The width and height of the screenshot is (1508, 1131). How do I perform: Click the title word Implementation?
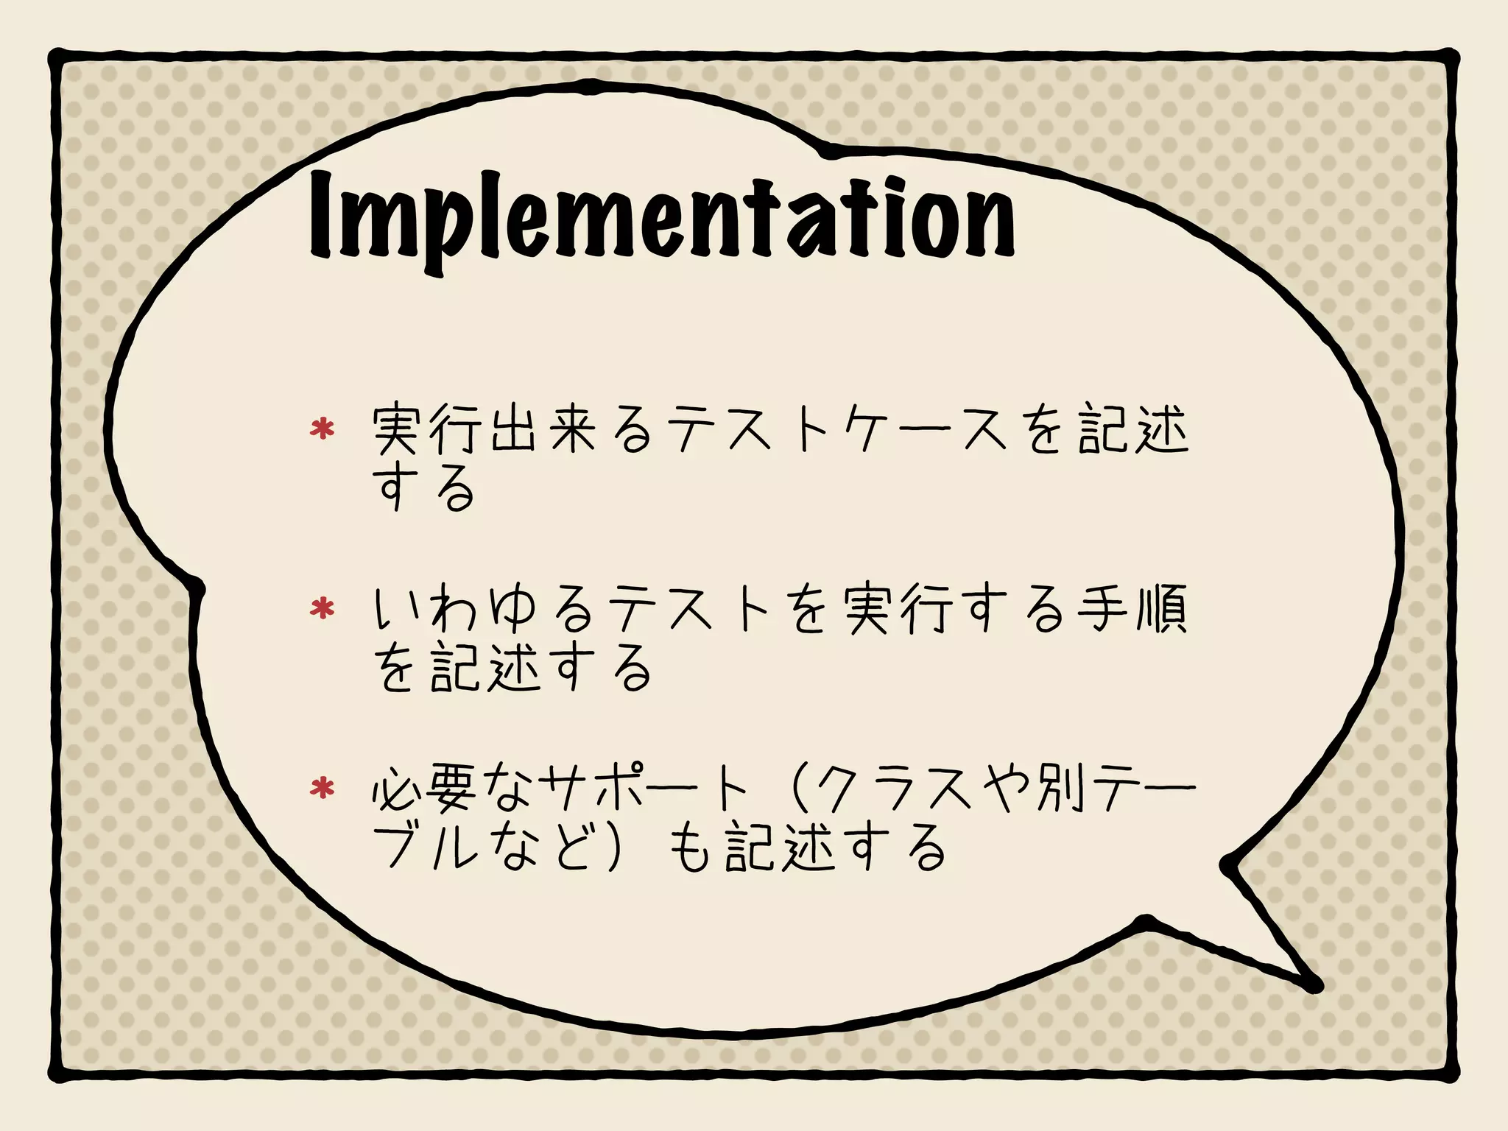661,217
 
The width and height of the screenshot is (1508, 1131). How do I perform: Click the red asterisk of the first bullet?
322,429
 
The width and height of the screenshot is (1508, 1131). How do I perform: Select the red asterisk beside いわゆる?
322,608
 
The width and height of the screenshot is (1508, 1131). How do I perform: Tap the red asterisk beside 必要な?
322,789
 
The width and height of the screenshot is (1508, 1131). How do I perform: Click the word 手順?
1132,609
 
